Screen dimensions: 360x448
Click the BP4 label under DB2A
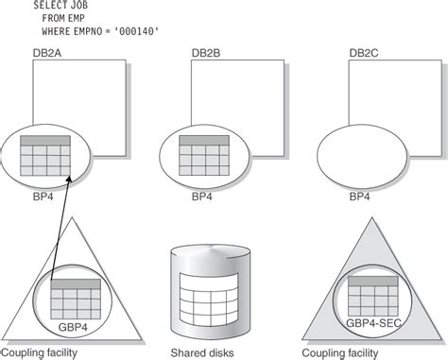coord(44,197)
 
